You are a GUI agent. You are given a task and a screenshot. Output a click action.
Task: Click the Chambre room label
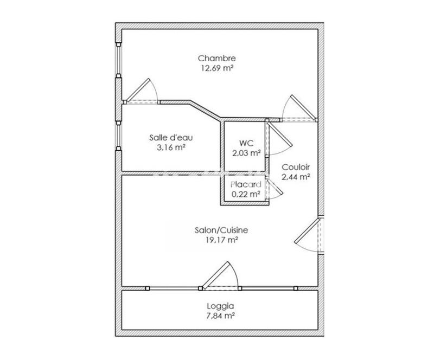(x=216, y=59)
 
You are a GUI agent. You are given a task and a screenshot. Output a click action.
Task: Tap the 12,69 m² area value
(x=216, y=68)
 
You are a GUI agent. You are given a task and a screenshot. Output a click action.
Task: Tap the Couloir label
(x=296, y=167)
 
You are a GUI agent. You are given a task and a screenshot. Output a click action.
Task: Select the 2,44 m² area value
(x=296, y=177)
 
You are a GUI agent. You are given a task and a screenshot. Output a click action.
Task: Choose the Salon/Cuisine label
(x=217, y=229)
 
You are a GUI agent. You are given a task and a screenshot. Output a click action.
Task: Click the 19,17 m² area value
(x=217, y=239)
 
